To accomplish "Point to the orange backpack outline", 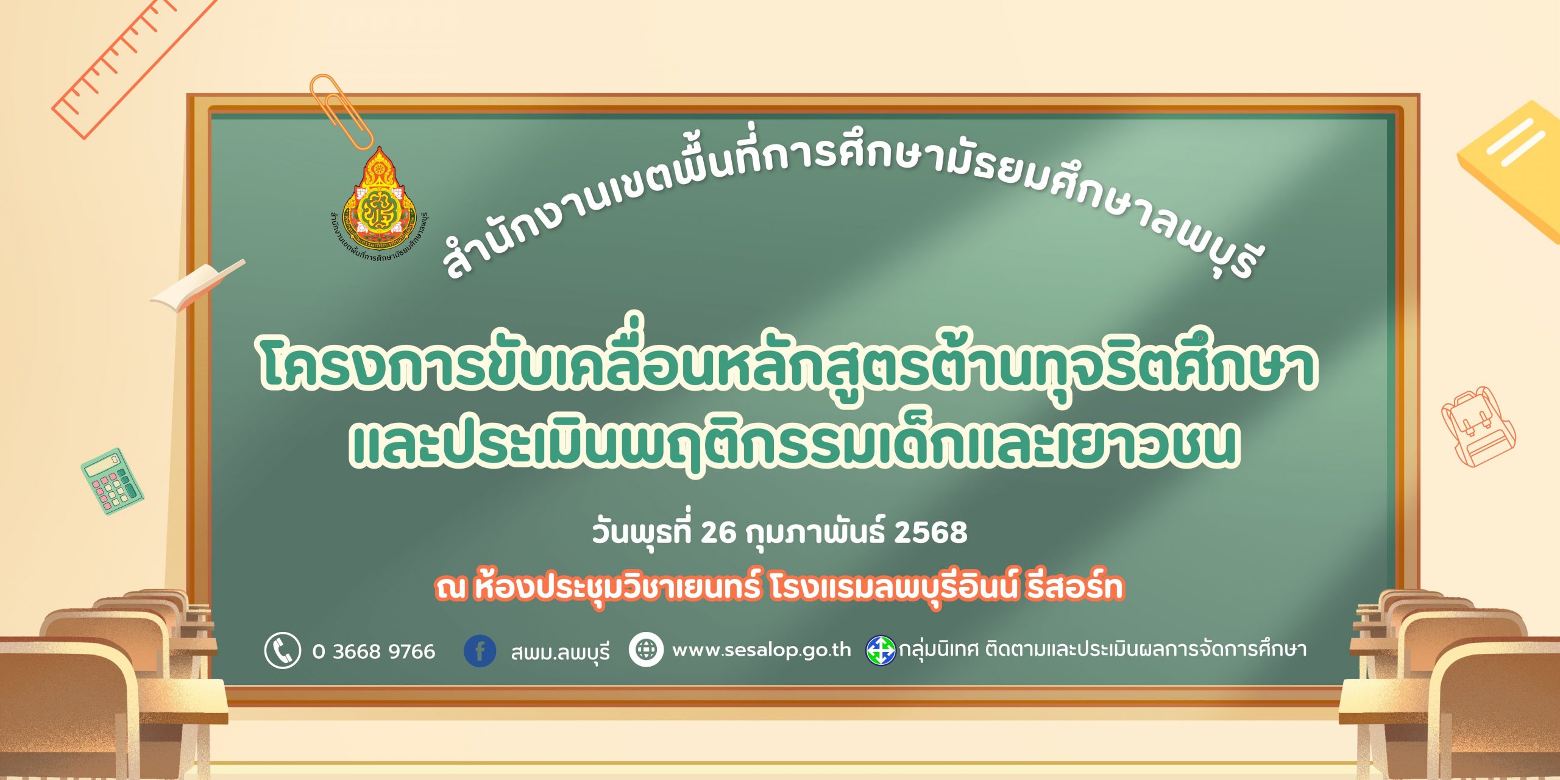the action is [x=1477, y=426].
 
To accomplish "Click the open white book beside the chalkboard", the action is [x=198, y=285].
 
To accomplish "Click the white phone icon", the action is [x=282, y=650].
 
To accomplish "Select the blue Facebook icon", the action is [x=480, y=650].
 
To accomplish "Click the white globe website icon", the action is [x=646, y=650].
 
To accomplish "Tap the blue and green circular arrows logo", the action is [x=881, y=650].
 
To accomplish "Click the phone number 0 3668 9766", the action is [x=374, y=651].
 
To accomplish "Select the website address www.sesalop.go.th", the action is [x=761, y=650].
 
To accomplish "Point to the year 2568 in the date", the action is [x=931, y=532].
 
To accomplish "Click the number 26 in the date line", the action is [x=719, y=532].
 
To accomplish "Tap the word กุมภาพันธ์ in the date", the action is [x=816, y=531].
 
